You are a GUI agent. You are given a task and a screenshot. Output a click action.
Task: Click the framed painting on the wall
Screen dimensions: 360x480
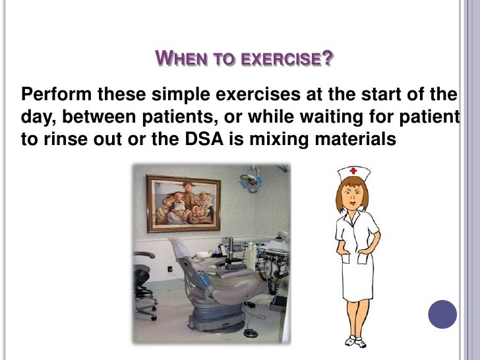(183, 202)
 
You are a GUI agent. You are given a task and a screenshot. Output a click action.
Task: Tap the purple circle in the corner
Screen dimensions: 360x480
(442, 314)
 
